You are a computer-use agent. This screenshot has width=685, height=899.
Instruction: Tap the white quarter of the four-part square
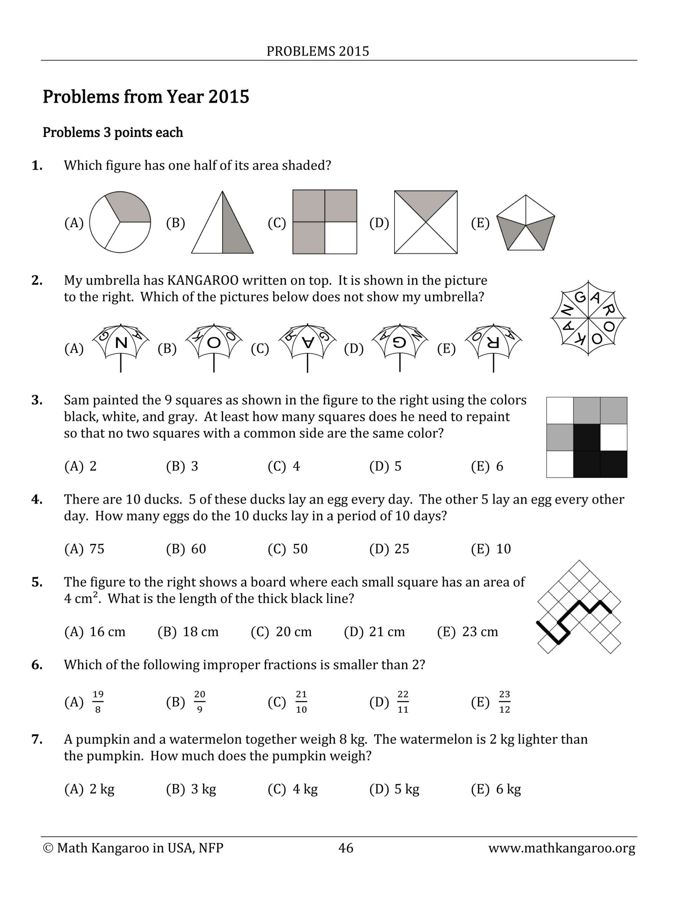tap(340, 238)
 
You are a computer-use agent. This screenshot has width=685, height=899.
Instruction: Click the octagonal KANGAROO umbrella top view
tap(588, 318)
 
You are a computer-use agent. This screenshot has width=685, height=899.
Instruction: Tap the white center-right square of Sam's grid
tap(614, 437)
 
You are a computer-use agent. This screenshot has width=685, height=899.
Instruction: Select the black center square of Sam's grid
tap(587, 437)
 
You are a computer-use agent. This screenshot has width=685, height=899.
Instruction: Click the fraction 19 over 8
tap(98, 702)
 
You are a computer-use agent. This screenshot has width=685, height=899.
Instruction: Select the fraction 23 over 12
tap(504, 702)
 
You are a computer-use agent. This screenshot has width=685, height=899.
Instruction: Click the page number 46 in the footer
tap(346, 848)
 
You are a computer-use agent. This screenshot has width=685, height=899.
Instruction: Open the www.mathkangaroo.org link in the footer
tap(561, 848)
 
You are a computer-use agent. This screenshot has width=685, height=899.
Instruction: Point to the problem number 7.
tap(37, 739)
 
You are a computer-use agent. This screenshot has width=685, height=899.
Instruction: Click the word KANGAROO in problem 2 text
tap(203, 280)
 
